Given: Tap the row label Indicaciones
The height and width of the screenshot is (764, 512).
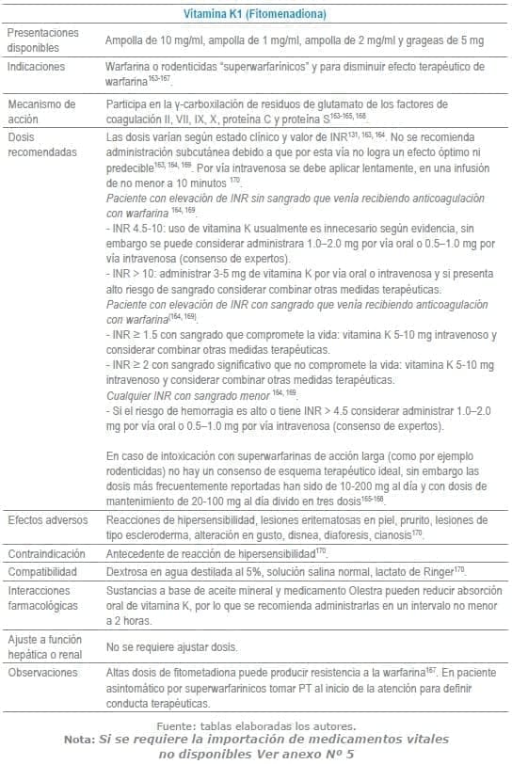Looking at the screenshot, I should (36, 67).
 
